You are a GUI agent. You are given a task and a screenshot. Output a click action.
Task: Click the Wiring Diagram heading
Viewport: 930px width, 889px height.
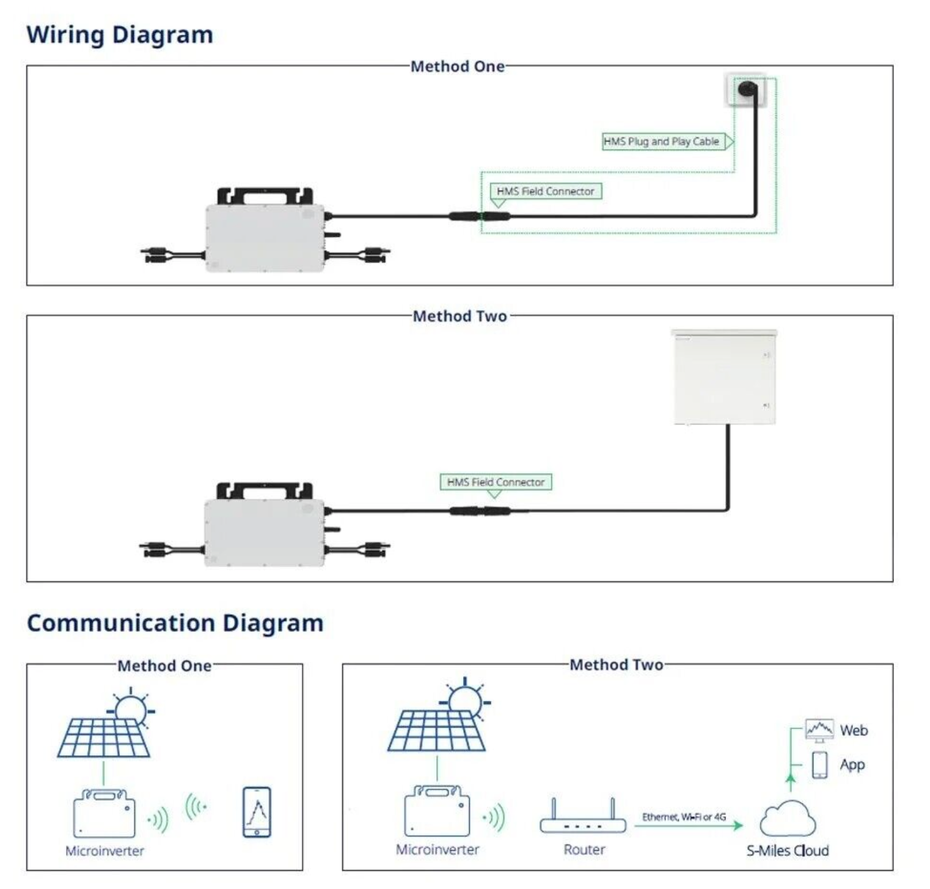pyautogui.click(x=120, y=34)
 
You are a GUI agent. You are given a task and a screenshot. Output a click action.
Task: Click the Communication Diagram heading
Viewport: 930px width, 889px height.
pyautogui.click(x=175, y=623)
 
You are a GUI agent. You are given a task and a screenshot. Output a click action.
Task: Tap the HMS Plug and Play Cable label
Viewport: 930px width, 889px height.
pyautogui.click(x=661, y=142)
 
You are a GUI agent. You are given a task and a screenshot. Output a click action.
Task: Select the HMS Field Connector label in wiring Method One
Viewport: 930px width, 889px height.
pyautogui.click(x=545, y=191)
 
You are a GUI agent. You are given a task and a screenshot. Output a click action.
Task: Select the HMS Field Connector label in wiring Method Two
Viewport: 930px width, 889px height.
pyautogui.click(x=496, y=482)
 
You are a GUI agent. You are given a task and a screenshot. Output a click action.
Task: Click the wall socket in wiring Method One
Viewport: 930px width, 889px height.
pyautogui.click(x=746, y=90)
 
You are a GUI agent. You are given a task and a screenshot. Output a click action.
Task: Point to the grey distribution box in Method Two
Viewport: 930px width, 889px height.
pyautogui.click(x=724, y=377)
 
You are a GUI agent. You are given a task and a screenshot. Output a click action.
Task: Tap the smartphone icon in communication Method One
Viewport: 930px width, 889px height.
pyautogui.click(x=257, y=812)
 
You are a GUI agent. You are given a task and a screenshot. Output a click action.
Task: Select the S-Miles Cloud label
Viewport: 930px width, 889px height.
pyautogui.click(x=787, y=851)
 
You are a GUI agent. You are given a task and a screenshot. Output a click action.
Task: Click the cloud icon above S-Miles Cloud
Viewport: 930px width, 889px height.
pyautogui.click(x=788, y=819)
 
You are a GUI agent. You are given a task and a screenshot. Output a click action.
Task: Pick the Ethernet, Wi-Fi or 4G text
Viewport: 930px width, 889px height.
pyautogui.click(x=684, y=817)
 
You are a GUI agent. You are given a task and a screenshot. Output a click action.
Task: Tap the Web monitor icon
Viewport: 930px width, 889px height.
pyautogui.click(x=819, y=730)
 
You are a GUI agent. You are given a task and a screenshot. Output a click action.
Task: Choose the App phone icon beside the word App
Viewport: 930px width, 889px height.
pyautogui.click(x=819, y=764)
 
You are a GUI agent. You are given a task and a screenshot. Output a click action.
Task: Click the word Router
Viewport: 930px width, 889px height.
pyautogui.click(x=584, y=849)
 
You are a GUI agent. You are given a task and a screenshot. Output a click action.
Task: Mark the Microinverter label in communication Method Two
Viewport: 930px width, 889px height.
pyautogui.click(x=438, y=849)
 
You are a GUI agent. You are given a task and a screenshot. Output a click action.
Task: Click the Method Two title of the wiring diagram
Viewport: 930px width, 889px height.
pyautogui.click(x=460, y=316)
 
